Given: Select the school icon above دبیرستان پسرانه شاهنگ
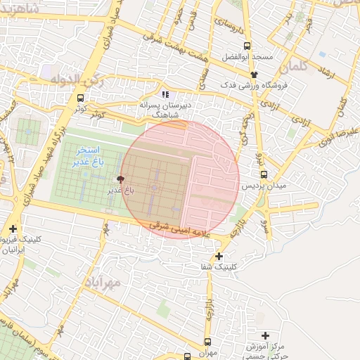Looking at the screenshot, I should (165, 94).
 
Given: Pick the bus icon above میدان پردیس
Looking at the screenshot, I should (263, 174).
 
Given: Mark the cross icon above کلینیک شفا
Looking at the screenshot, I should (219, 256).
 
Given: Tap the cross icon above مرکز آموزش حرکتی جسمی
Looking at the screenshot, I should (265, 335).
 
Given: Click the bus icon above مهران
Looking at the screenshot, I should (207, 341).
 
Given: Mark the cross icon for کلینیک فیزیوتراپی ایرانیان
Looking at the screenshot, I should (13, 229).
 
